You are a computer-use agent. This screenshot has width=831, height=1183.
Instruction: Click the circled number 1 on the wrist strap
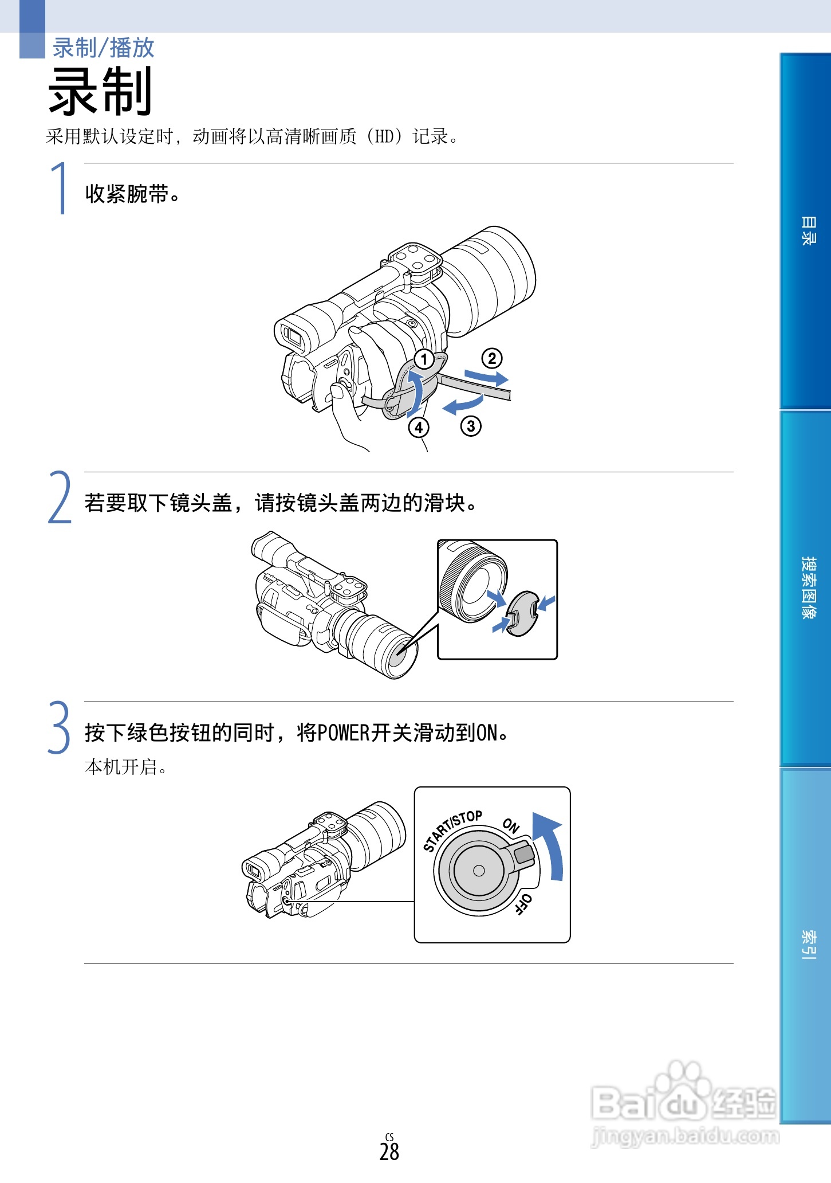click(424, 360)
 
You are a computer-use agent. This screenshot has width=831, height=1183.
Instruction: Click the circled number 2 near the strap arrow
click(491, 359)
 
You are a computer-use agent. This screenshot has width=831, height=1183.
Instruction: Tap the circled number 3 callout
click(471, 426)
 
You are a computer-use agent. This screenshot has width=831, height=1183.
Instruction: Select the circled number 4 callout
click(419, 428)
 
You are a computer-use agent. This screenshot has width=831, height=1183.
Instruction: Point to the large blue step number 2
click(60, 498)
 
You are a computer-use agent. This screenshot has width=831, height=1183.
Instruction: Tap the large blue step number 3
click(59, 727)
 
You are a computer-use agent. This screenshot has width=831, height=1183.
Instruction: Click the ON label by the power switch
click(511, 825)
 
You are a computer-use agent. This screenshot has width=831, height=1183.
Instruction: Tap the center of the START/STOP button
click(479, 871)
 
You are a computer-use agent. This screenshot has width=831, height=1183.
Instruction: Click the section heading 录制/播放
click(104, 48)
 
